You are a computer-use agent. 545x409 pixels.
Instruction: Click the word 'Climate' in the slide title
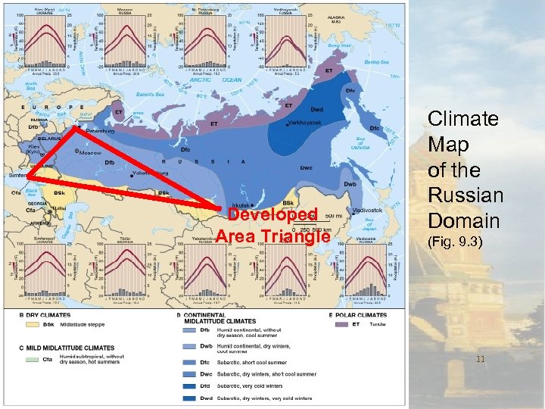[462, 119]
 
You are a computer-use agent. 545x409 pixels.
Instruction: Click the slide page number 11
[480, 359]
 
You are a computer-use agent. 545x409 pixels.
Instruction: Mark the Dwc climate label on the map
[307, 167]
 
